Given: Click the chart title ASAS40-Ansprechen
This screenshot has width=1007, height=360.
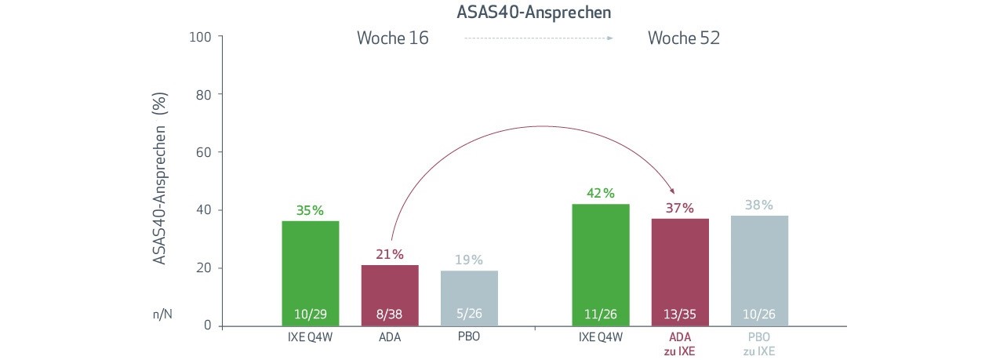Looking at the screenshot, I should (x=534, y=13).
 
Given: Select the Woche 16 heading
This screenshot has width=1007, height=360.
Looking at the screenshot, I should (x=393, y=38).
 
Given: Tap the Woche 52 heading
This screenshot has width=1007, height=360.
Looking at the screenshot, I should (x=684, y=38).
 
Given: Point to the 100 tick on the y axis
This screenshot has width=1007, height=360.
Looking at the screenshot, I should (x=202, y=36).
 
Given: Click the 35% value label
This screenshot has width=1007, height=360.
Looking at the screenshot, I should (x=310, y=210).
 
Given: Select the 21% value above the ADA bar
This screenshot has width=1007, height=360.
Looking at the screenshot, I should (x=389, y=254).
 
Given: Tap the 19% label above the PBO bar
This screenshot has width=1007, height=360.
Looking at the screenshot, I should (x=468, y=260).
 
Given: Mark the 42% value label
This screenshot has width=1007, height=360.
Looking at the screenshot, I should (x=601, y=193).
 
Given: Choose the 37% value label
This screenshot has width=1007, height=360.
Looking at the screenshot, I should (x=680, y=208).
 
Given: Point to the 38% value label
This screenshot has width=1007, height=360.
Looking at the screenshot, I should (x=759, y=205).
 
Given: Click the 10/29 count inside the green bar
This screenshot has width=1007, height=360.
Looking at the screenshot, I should (x=311, y=315).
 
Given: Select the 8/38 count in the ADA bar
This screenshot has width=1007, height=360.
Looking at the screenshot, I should (x=390, y=315).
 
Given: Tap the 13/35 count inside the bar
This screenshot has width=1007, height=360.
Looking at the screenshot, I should (x=680, y=315).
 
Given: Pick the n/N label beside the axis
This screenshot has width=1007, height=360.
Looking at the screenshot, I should (x=162, y=314).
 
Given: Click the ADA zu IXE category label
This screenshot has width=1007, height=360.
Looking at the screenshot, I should (x=680, y=344).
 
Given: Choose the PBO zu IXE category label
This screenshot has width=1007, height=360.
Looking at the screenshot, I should (x=759, y=344).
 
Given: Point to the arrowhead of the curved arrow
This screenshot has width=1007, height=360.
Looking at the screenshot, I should (x=674, y=191).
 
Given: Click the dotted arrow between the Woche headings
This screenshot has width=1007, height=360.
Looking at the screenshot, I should (x=538, y=38).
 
